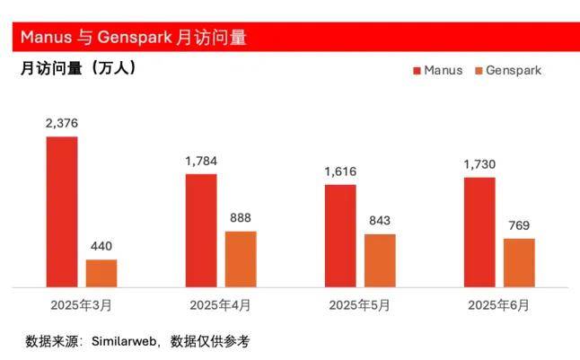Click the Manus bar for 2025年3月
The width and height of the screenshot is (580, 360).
tap(62, 212)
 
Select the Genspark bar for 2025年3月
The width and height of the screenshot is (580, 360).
tap(101, 274)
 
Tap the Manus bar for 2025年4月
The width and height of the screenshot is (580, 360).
tap(201, 231)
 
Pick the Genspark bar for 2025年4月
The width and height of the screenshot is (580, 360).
tap(241, 259)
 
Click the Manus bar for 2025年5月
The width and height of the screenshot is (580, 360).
tap(340, 236)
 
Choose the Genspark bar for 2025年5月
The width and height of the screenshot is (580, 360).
tap(380, 261)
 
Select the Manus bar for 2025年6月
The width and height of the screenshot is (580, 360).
tap(479, 233)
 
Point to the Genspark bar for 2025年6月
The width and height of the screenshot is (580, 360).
tap(519, 263)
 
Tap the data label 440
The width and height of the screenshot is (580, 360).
tap(101, 247)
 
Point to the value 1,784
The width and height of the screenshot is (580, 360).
tap(201, 162)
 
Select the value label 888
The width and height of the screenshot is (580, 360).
tap(241, 218)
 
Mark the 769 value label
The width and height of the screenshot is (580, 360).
tap(519, 225)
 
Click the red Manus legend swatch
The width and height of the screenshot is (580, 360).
tap(417, 70)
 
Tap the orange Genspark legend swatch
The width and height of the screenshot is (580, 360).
tap(479, 70)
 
